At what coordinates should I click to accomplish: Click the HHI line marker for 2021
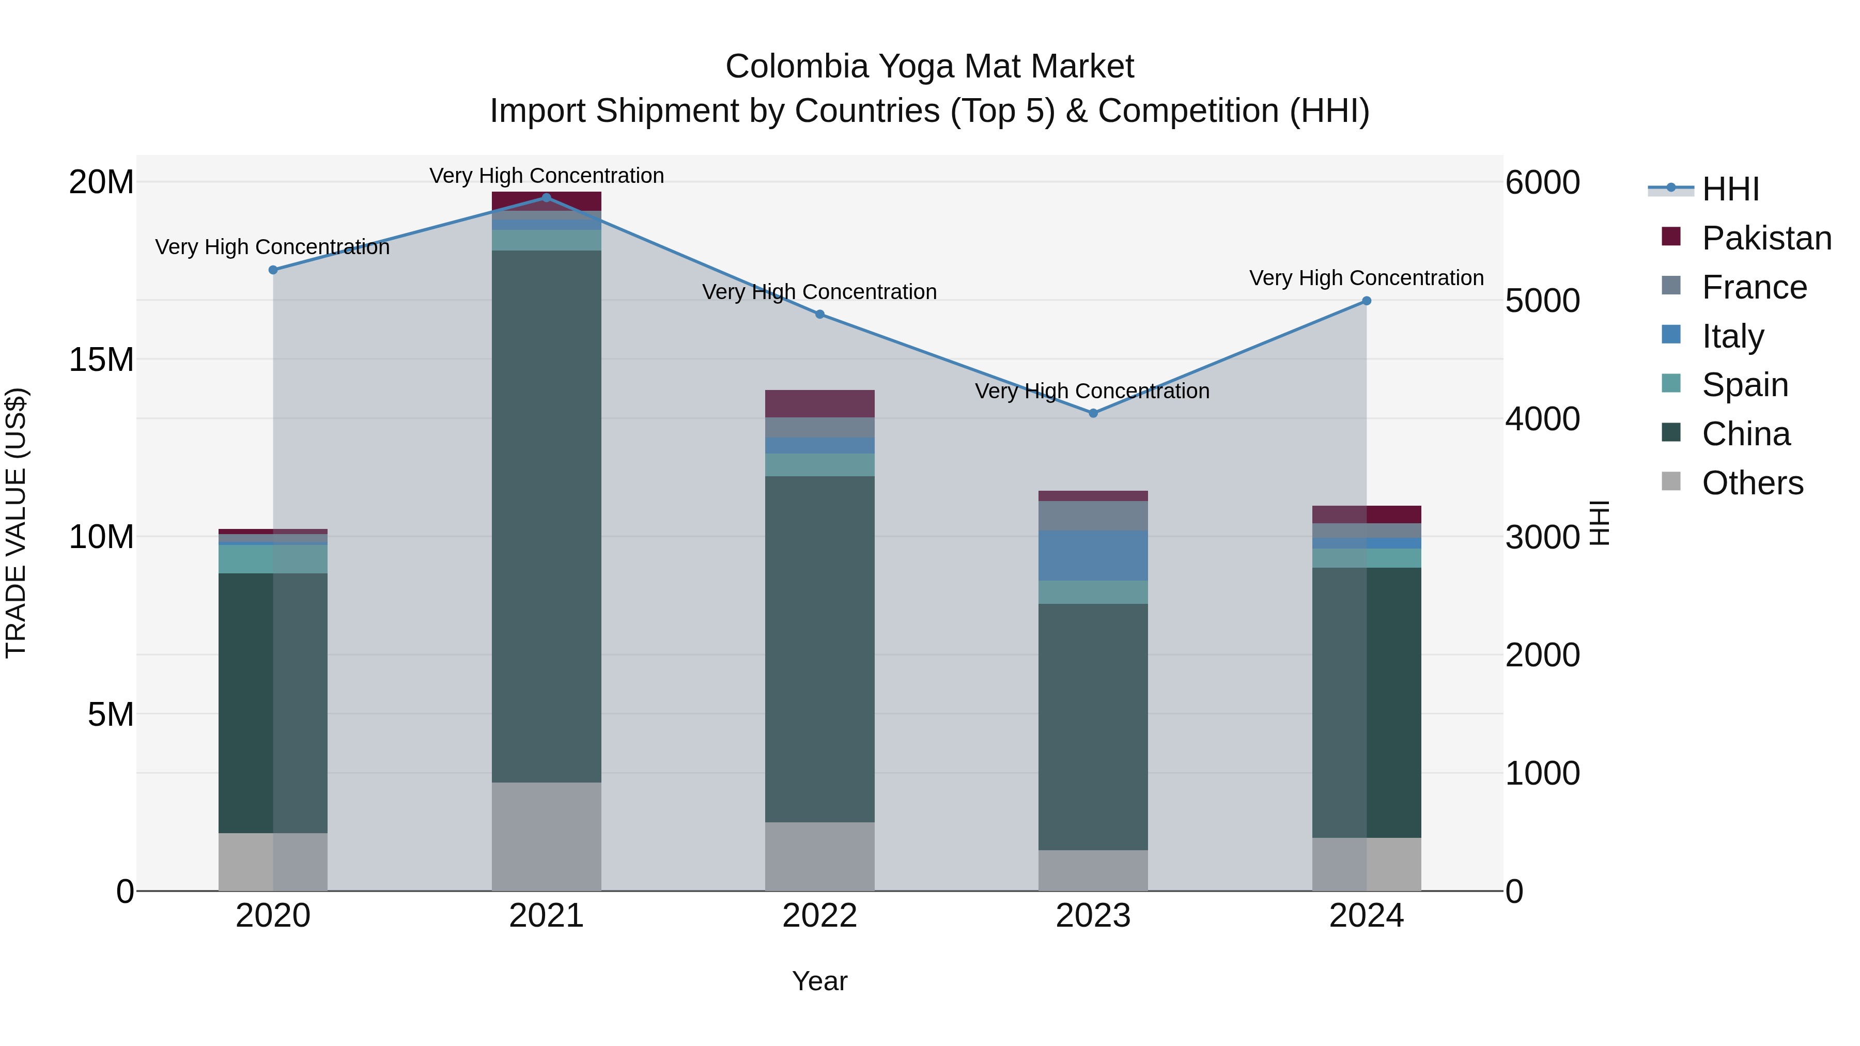tap(546, 197)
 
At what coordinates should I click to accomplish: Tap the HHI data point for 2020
tap(273, 270)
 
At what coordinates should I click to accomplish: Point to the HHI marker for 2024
tap(1366, 301)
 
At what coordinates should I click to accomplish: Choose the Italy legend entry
tap(1732, 336)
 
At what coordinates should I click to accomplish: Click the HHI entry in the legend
tap(1730, 189)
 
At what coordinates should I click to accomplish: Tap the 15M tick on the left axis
tap(101, 360)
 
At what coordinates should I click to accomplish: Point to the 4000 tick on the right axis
tap(1542, 419)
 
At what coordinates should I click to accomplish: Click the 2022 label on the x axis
tap(819, 915)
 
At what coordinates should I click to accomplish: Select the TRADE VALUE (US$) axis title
tap(16, 523)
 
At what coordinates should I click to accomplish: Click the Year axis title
tap(819, 981)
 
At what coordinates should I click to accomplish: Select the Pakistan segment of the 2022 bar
tap(819, 403)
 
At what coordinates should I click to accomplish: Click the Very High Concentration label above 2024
tap(1366, 278)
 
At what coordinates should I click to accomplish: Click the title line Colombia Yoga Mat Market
tap(929, 67)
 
